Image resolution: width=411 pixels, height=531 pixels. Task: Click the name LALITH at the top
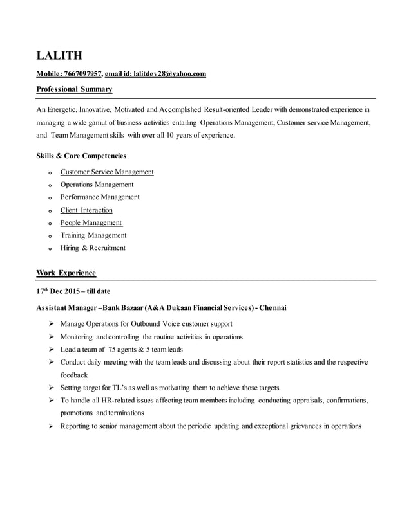59,56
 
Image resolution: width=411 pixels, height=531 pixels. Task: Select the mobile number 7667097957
83,75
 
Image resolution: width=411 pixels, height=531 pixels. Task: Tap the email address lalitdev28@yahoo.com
169,75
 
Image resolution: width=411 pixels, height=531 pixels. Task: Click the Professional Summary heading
74,89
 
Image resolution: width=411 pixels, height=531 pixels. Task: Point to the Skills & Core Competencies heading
81,156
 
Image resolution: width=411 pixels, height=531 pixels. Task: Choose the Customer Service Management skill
107,172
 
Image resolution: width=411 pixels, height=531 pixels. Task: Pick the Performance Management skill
100,197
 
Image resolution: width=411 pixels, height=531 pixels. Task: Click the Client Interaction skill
86,210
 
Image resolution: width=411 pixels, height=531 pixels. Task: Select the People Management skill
91,222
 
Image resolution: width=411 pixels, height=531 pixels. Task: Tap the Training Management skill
93,235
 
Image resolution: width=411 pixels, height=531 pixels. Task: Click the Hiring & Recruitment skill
93,248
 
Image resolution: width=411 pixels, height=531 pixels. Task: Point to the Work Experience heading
66,273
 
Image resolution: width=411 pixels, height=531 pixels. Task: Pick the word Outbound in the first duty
142,324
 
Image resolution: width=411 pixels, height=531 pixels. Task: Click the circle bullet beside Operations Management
50,185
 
